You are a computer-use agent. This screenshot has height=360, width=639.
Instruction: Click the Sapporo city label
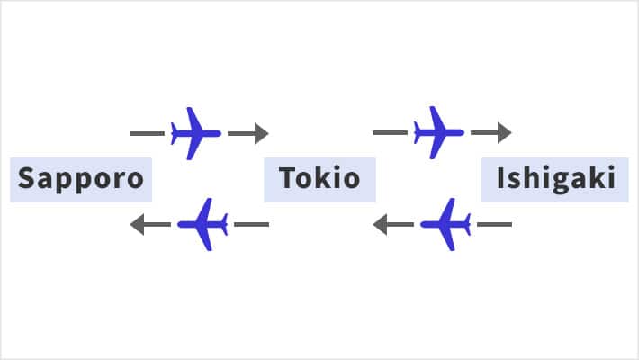click(x=81, y=179)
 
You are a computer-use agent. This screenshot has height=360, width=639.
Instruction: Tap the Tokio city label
click(x=319, y=179)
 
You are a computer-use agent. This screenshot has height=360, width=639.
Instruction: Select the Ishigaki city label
click(x=555, y=179)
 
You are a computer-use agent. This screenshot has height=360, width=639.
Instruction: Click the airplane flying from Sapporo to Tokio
click(x=195, y=133)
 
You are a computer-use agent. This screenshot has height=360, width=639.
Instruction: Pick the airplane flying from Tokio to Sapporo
click(x=203, y=223)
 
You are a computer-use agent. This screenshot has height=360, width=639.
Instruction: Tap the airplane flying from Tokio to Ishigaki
click(x=438, y=133)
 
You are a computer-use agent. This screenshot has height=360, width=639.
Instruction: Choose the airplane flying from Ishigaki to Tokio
click(x=446, y=223)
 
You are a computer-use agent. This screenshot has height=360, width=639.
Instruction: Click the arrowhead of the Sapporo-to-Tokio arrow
click(x=261, y=133)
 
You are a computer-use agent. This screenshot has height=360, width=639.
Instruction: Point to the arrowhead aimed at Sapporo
click(x=138, y=223)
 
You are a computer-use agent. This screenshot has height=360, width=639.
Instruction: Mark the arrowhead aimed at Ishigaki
click(x=504, y=133)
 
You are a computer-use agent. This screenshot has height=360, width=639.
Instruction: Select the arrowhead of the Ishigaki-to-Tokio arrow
click(x=381, y=223)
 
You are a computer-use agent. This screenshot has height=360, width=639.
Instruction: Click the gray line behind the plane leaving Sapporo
click(x=147, y=133)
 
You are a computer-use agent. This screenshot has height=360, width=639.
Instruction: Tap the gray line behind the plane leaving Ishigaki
click(x=494, y=223)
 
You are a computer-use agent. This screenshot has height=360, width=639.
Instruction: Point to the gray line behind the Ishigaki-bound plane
click(x=390, y=133)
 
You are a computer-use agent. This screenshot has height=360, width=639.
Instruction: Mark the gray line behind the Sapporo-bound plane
click(x=251, y=223)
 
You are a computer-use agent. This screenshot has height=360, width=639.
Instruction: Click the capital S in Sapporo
click(x=26, y=178)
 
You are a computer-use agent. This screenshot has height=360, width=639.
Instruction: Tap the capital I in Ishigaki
click(x=500, y=178)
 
